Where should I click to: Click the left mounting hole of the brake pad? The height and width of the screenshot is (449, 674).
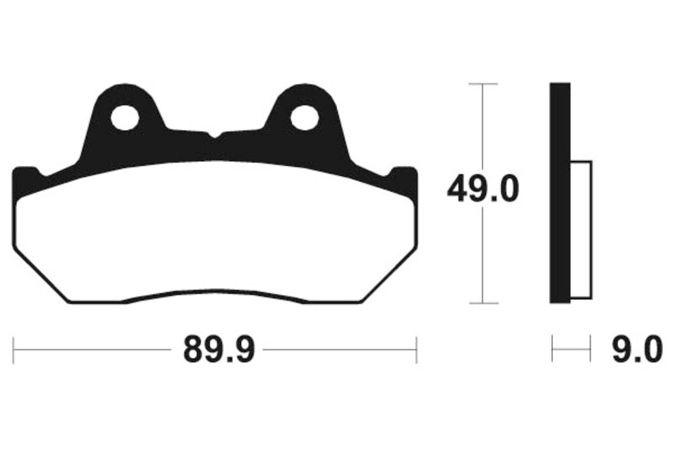(125, 118)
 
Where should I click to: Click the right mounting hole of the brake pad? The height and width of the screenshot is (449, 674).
(304, 118)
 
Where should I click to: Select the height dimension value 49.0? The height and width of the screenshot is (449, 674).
(483, 190)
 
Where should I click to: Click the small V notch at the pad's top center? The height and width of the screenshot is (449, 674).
(215, 135)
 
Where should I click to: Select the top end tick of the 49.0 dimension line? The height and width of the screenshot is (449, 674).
(482, 83)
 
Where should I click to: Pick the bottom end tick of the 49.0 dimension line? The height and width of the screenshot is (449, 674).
(482, 302)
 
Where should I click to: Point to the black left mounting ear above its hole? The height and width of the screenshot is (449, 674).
(125, 94)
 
